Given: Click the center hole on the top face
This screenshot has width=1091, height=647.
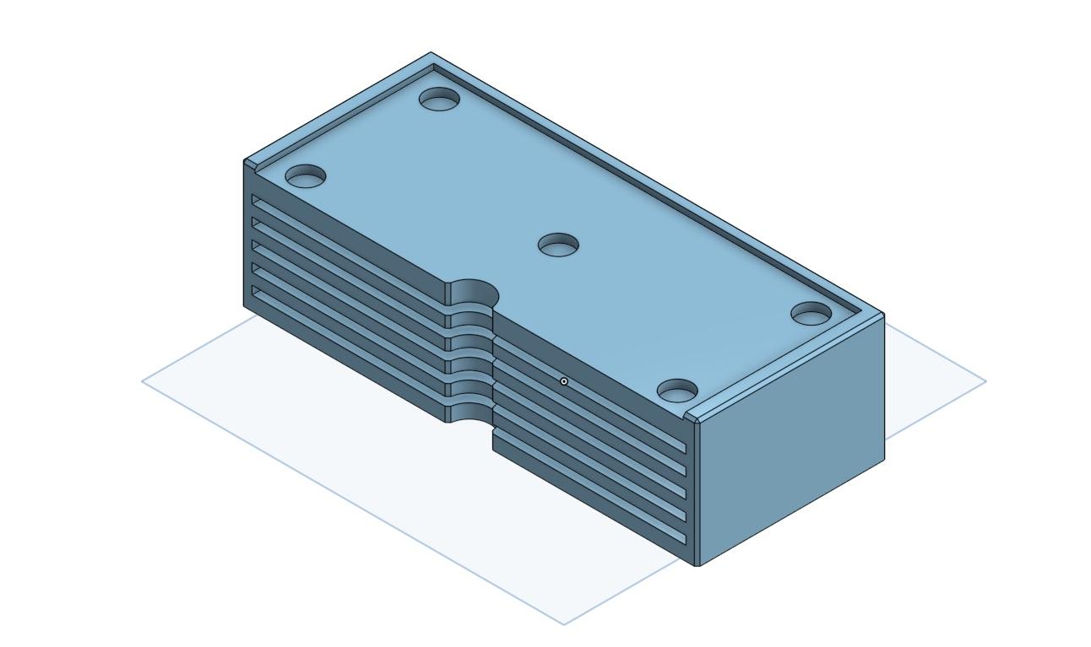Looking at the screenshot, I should [x=558, y=246].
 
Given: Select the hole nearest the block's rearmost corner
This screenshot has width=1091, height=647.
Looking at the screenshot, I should [x=439, y=100].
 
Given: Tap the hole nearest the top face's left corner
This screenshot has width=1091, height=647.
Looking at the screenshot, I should [x=306, y=177].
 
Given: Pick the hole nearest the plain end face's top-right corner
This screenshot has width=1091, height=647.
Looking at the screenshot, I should [x=811, y=315].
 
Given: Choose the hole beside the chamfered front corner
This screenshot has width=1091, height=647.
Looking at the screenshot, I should [x=677, y=391].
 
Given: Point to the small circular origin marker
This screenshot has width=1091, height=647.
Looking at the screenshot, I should [x=564, y=381].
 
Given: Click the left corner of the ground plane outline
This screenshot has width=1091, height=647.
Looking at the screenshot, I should [x=143, y=380].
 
